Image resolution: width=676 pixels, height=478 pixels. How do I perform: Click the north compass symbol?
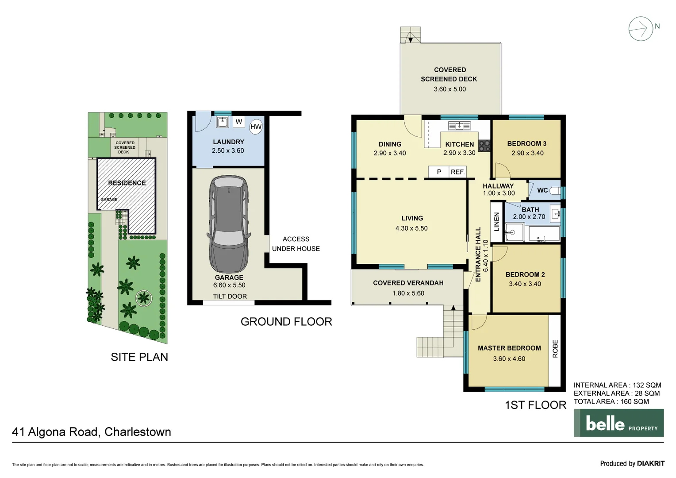pyautogui.click(x=641, y=29)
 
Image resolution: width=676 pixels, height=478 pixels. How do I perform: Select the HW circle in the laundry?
pyautogui.click(x=256, y=127)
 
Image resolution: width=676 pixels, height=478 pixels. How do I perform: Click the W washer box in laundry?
pyautogui.click(x=239, y=122)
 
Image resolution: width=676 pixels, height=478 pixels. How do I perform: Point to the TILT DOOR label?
pyautogui.click(x=230, y=296)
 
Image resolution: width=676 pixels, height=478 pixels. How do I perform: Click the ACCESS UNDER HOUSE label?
pyautogui.click(x=296, y=244)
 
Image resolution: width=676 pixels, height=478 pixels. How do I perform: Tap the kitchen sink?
pyautogui.click(x=459, y=126)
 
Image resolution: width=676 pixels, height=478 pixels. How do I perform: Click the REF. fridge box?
pyautogui.click(x=457, y=172)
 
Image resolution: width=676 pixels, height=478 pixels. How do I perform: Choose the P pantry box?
pyautogui.click(x=439, y=172)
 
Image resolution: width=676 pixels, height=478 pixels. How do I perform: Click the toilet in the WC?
pyautogui.click(x=555, y=191)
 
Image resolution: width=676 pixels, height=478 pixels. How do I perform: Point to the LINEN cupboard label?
pyautogui.click(x=496, y=222)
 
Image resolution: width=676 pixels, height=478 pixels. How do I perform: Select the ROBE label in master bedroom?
pyautogui.click(x=555, y=349)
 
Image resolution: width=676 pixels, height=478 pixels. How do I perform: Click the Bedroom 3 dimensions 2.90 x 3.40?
pyautogui.click(x=527, y=153)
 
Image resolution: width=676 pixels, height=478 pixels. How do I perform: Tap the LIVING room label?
pyautogui.click(x=412, y=218)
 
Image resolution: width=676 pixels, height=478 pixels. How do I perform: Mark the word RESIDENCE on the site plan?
pyautogui.click(x=127, y=183)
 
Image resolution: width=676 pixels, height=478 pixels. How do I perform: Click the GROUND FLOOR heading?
pyautogui.click(x=286, y=322)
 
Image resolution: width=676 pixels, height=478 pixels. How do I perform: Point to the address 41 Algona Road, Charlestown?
pyautogui.click(x=92, y=432)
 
